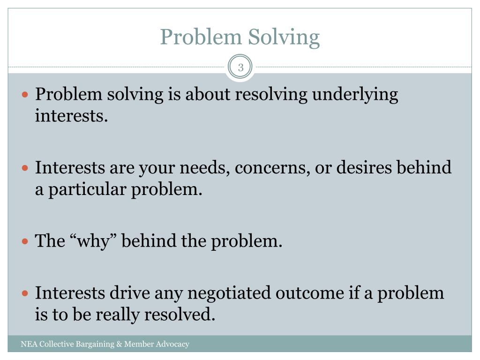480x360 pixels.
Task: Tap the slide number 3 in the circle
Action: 240,67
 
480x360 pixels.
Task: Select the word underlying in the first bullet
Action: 355,95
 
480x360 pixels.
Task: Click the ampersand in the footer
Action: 119,345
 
